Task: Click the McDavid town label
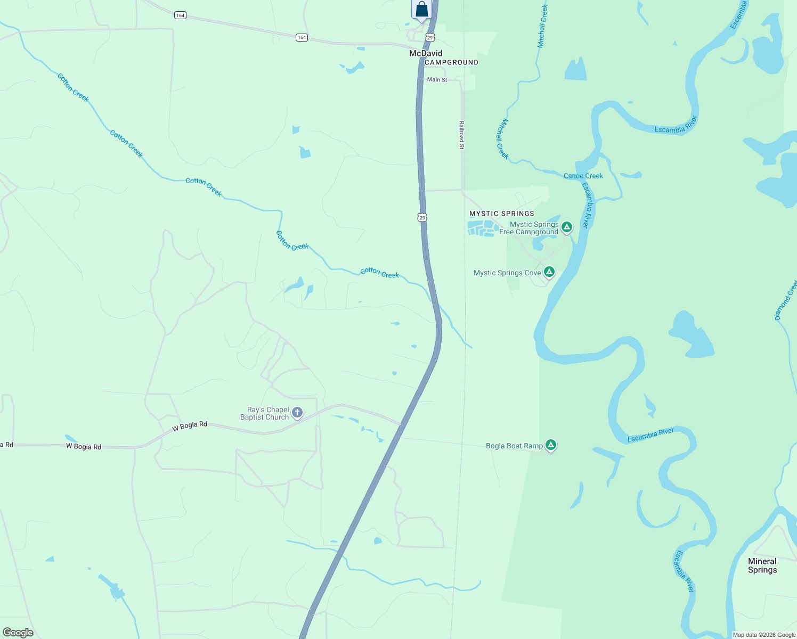pos(426,53)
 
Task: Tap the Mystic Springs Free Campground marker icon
pos(567,227)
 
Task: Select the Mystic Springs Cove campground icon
pos(549,273)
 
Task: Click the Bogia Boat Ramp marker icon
pos(551,445)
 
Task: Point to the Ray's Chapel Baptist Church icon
pos(297,413)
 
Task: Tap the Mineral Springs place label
pos(762,566)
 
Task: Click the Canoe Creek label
pos(583,176)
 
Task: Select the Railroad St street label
pos(461,135)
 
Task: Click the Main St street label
pos(437,80)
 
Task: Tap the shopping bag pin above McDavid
pos(421,10)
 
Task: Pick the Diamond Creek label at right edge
pos(785,301)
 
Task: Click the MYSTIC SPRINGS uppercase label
pos(501,214)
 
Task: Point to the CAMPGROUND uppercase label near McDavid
pos(451,62)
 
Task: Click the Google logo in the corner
pos(18,633)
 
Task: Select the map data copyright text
pos(764,635)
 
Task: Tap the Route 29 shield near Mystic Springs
pos(422,217)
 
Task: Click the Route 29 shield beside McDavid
pos(430,37)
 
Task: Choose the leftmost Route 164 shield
pos(180,15)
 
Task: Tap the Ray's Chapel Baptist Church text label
pos(265,413)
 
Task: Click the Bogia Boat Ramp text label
pos(514,446)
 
